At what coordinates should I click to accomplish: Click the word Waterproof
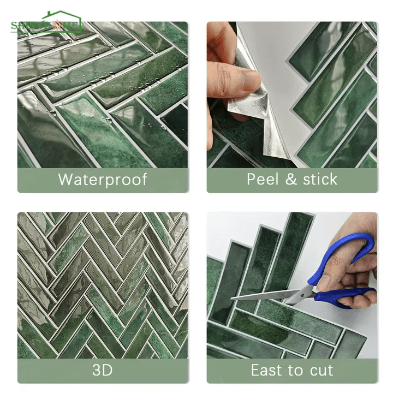pyautogui.click(x=103, y=179)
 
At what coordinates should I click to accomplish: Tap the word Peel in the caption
pyautogui.click(x=264, y=179)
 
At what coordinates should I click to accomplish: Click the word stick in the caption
pyautogui.click(x=319, y=179)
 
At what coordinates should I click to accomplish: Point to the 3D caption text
pyautogui.click(x=103, y=370)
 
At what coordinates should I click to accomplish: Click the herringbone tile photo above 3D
pyautogui.click(x=103, y=284)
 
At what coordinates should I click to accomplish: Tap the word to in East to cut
pyautogui.click(x=296, y=370)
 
